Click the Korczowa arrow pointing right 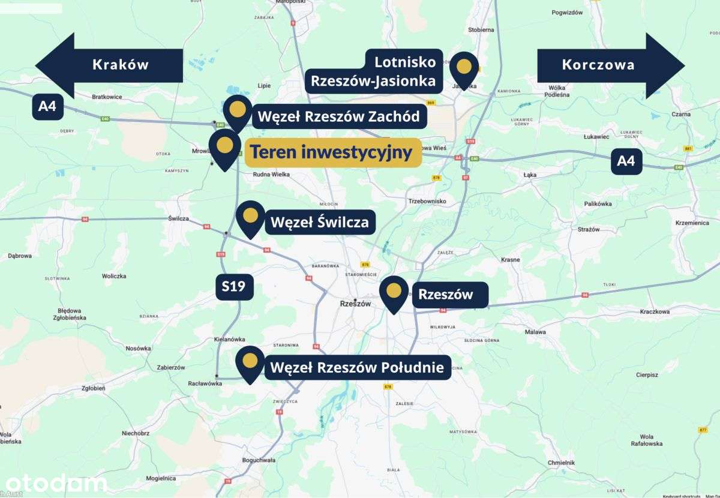[609, 65]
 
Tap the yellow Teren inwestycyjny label [332, 152]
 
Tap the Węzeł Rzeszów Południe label [358, 367]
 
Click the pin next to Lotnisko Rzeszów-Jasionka [464, 68]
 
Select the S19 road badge [234, 286]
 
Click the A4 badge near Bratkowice [47, 107]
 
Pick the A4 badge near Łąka [626, 161]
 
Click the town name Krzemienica [692, 223]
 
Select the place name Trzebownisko [427, 201]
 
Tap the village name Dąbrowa [20, 256]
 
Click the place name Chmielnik [562, 463]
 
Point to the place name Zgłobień [92, 388]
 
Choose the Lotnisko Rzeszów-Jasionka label [374, 71]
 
